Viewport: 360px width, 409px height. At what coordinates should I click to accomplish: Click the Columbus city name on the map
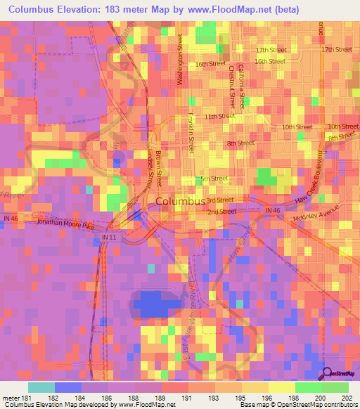179,202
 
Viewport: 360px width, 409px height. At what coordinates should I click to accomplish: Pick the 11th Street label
219,116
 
